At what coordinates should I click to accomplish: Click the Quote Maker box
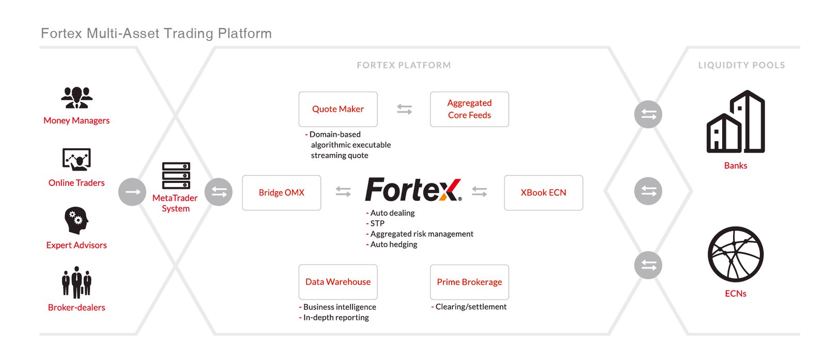[x=338, y=109]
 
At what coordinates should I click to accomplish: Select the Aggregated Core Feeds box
[x=469, y=109]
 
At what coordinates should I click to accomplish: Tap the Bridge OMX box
[x=281, y=193]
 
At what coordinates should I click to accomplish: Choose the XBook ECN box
[x=543, y=193]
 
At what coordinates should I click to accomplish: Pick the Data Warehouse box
[x=338, y=282]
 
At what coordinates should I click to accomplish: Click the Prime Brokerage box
[x=469, y=282]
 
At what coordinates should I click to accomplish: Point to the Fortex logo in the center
[x=413, y=190]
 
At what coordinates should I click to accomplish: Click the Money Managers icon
[x=76, y=97]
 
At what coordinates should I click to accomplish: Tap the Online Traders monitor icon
[x=76, y=160]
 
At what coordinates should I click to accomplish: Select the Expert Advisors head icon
[x=76, y=221]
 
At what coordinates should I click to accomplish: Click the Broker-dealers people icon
[x=76, y=283]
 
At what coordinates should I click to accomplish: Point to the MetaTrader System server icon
[x=176, y=176]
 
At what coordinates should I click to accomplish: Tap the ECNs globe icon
[x=735, y=254]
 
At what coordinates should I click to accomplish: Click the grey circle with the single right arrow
[x=132, y=192]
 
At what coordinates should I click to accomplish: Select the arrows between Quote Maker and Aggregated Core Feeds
[x=404, y=109]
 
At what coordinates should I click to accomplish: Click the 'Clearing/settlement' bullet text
[x=470, y=307]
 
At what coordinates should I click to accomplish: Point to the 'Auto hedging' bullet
[x=393, y=244]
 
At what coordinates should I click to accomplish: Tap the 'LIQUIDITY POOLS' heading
[x=741, y=65]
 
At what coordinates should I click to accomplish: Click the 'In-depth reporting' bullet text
[x=336, y=318]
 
